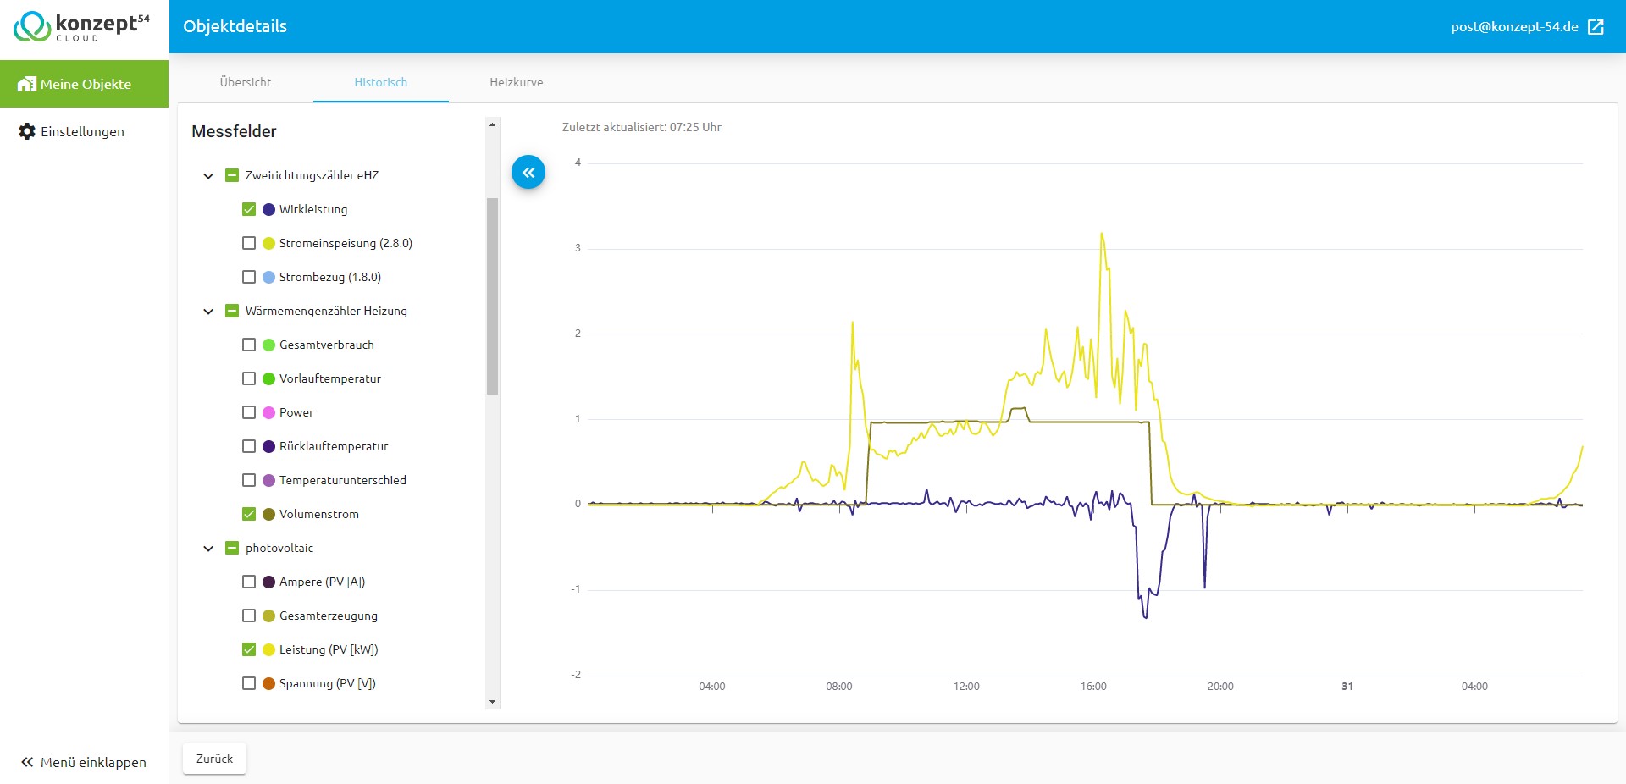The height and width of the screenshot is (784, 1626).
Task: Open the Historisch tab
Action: click(380, 82)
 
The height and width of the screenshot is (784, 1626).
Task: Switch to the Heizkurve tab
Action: click(516, 82)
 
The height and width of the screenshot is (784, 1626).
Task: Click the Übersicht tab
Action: click(246, 82)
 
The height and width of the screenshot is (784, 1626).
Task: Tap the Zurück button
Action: click(214, 759)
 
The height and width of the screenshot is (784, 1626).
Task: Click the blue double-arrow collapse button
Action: click(528, 173)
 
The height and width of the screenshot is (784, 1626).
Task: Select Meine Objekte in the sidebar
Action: click(85, 84)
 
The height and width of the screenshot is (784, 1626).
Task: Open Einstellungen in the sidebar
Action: click(72, 131)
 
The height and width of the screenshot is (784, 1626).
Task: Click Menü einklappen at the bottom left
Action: click(84, 762)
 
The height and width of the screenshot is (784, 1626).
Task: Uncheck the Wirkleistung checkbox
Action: click(249, 209)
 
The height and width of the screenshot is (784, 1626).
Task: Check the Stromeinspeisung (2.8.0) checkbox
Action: click(249, 243)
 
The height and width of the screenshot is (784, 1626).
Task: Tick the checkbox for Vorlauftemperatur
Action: click(249, 378)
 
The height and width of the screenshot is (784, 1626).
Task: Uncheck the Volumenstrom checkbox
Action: click(249, 514)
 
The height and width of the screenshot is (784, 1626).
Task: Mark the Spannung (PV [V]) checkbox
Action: click(249, 683)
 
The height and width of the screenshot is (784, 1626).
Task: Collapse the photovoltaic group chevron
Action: click(208, 549)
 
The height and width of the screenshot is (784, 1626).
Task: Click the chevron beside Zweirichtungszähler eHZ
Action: click(208, 176)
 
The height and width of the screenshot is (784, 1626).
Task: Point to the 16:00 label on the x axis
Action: click(1093, 687)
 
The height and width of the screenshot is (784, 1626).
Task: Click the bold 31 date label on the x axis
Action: click(1347, 687)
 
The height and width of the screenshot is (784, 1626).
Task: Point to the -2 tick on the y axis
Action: click(576, 675)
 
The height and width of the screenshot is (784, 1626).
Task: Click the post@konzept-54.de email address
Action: click(1514, 26)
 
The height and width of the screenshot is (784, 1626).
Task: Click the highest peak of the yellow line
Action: click(1102, 234)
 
